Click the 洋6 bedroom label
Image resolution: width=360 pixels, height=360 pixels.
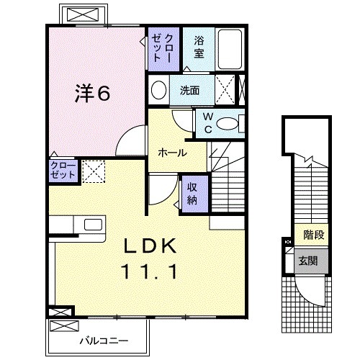pos(94,94)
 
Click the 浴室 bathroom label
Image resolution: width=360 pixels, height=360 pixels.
pos(198,48)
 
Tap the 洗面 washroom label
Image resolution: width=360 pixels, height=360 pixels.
pos(190,91)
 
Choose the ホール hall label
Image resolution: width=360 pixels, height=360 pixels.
pos(173,153)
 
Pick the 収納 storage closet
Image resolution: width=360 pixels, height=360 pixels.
pos(192,192)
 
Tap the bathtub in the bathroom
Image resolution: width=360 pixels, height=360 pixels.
pos(230,49)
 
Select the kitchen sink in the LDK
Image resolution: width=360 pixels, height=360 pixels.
pos(91,224)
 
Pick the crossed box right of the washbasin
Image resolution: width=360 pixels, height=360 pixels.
pos(225,91)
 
